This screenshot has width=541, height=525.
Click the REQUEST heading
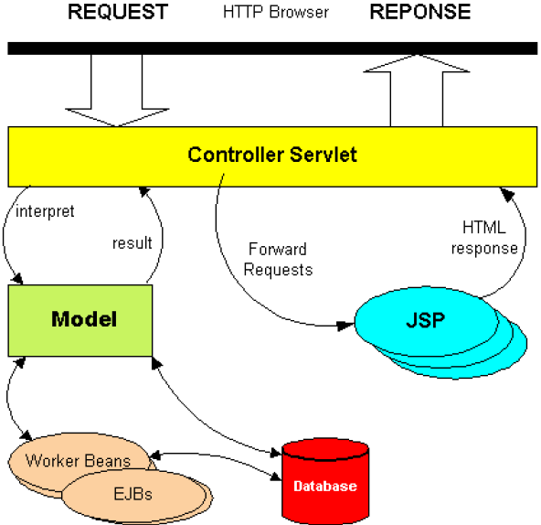118,12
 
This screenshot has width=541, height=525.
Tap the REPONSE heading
419,12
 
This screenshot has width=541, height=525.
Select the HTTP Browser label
276,12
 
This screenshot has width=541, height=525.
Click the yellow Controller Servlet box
272,156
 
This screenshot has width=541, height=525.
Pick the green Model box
80,320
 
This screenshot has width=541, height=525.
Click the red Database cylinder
325,481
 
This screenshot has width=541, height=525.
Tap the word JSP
426,320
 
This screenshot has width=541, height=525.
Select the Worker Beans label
79,461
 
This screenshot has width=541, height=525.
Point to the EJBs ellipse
133,495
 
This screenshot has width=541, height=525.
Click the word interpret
45,211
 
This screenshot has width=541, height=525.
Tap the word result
133,243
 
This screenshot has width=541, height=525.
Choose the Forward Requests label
278,260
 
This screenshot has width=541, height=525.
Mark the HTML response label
484,238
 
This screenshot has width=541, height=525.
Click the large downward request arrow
117,91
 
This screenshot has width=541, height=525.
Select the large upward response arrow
417,91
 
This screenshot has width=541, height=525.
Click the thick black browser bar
272,48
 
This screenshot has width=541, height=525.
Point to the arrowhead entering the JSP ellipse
345,326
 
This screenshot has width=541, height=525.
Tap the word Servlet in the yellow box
323,155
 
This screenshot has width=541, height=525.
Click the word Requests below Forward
278,270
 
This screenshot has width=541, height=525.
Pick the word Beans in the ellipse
108,461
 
